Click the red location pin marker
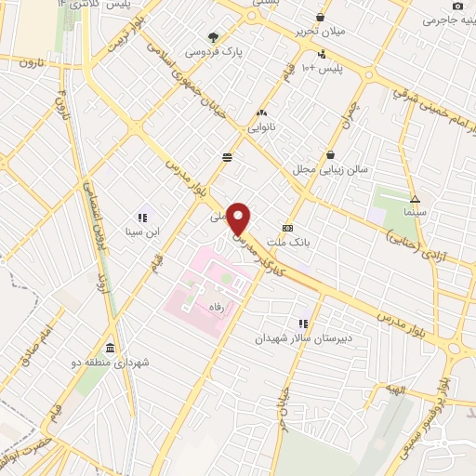click(x=240, y=218)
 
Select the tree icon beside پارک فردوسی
click(x=215, y=38)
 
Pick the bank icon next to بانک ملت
click(x=287, y=228)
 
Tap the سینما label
click(x=415, y=212)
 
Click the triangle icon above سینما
click(x=415, y=198)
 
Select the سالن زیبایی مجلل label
click(x=332, y=169)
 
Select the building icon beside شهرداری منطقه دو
click(x=111, y=349)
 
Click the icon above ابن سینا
click(x=142, y=218)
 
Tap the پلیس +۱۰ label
click(x=338, y=68)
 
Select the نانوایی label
click(x=261, y=127)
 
